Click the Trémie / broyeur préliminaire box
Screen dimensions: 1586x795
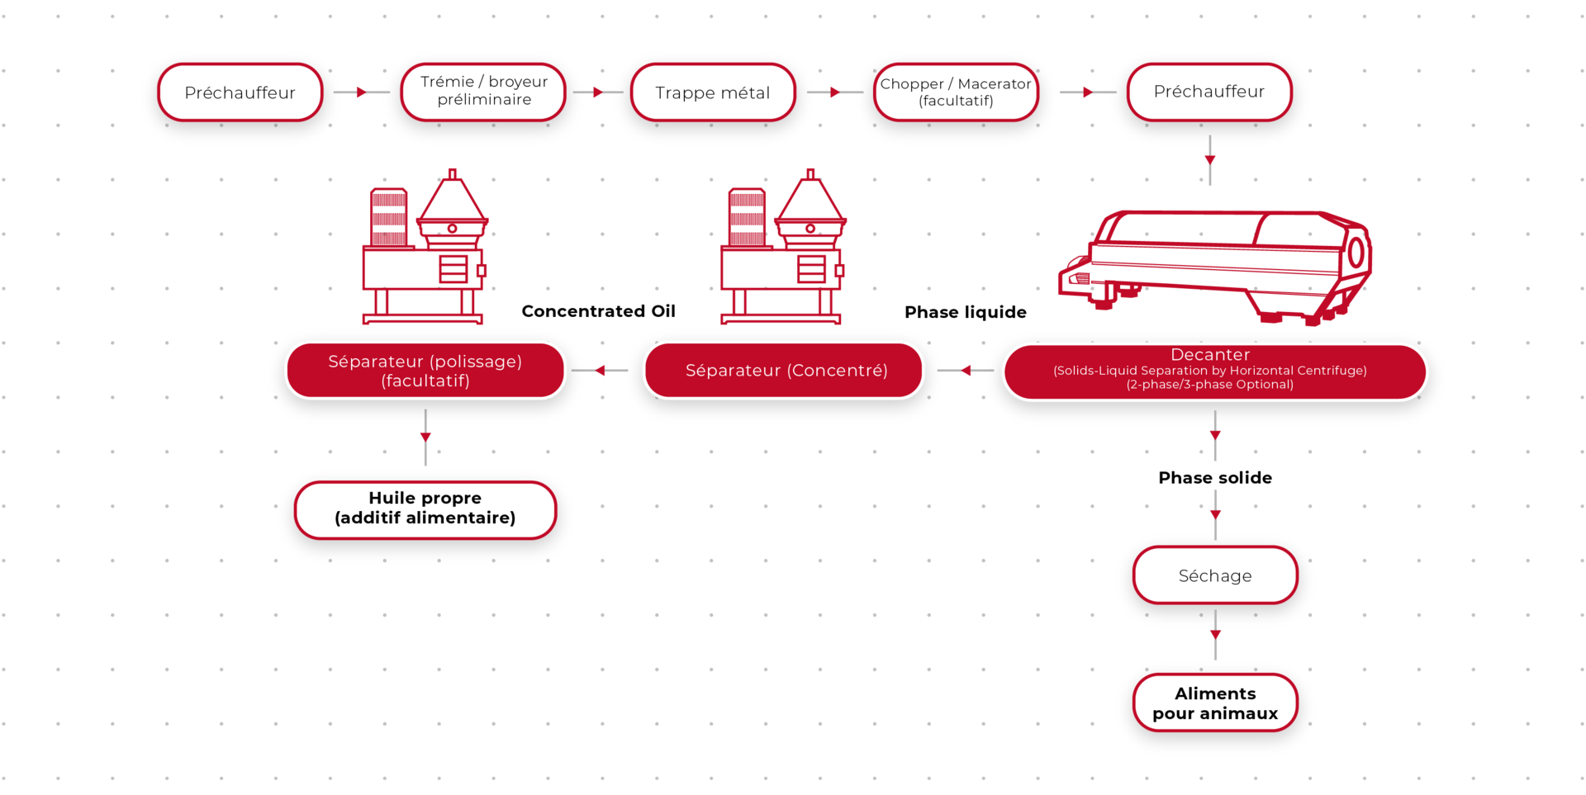point(483,92)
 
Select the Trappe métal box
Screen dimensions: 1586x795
point(713,92)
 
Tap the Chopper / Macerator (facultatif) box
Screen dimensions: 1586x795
point(956,92)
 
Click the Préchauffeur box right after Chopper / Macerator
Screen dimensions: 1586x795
point(1209,92)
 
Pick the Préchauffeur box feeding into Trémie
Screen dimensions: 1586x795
point(240,92)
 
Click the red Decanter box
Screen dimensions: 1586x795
point(1214,371)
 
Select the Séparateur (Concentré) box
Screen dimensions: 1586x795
point(783,371)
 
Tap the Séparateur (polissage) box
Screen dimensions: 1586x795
point(425,371)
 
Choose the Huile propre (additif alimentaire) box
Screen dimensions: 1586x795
point(425,510)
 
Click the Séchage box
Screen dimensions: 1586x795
point(1215,575)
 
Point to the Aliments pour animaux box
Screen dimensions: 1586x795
point(1215,703)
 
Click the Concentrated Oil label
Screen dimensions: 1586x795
point(599,311)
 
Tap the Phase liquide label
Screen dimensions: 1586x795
point(966,312)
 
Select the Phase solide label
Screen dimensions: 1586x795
point(1215,478)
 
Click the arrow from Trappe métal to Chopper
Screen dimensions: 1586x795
point(835,92)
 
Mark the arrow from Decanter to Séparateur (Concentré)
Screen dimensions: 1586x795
point(966,371)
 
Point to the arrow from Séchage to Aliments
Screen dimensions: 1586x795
point(1215,635)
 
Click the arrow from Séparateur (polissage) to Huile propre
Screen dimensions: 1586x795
point(425,438)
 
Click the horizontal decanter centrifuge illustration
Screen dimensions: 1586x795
point(1215,267)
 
